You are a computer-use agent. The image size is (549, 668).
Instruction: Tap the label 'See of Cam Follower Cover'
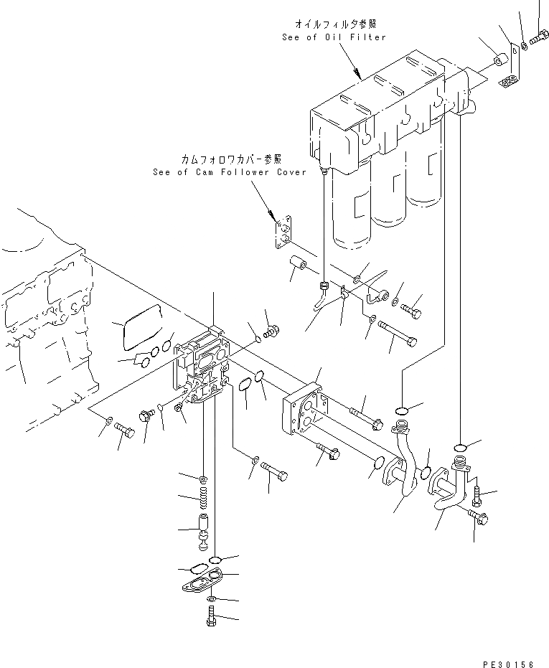tap(229, 172)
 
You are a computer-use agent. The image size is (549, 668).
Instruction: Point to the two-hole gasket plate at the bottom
tap(203, 580)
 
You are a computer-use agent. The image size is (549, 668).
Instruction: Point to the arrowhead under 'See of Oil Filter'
tap(356, 72)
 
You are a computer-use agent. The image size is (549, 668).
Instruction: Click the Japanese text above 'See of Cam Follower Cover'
tap(231, 159)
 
